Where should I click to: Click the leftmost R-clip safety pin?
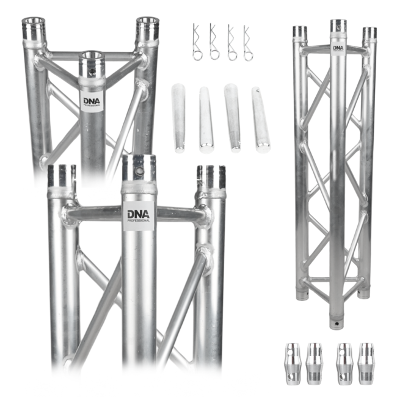tap(197, 43)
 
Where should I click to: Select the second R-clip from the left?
tap(214, 43)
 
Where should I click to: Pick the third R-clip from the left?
tap(231, 43)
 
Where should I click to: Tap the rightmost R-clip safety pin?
tap(248, 43)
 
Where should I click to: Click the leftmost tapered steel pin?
tap(178, 117)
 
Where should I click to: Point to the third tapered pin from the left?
tap(233, 117)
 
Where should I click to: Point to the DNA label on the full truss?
tap(338, 48)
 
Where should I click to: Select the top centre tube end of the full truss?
tap(338, 26)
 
